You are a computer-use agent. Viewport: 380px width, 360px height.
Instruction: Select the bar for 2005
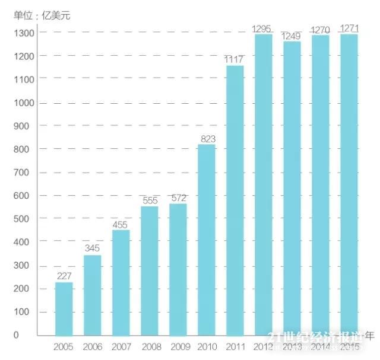64,309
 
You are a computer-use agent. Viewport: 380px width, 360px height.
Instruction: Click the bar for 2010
206,240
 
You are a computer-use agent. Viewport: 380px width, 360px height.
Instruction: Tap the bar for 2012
263,185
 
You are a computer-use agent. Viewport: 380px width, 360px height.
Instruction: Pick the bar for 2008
149,271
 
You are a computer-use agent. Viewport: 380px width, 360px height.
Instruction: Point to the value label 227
64,276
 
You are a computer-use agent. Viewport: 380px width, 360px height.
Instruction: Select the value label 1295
262,28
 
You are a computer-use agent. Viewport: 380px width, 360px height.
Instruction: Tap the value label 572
178,198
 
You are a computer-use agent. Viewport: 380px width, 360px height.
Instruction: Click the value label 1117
235,59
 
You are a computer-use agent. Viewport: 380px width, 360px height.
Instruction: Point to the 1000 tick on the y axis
24,103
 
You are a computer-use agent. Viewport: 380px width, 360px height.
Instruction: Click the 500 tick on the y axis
24,219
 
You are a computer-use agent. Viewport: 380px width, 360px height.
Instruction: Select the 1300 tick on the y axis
24,33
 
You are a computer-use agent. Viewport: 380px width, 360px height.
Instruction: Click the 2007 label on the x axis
121,346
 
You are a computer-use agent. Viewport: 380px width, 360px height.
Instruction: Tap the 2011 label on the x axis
235,346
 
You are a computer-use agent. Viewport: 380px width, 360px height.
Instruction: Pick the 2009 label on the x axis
178,346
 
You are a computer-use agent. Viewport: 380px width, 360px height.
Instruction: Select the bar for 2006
93,295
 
